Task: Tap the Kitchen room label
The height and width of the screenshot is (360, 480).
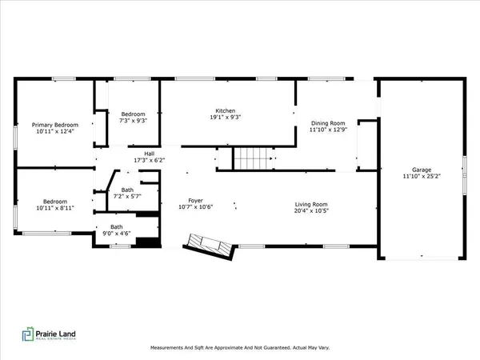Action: point(225,110)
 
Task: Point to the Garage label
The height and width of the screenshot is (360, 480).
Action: point(421,170)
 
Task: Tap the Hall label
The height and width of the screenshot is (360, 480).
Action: point(149,154)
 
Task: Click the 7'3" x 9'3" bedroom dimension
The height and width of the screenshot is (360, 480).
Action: point(131,120)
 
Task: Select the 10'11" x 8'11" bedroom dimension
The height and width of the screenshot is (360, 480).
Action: point(54,208)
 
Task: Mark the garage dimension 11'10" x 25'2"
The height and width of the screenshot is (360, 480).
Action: point(421,178)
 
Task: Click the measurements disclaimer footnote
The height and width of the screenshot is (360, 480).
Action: point(239,348)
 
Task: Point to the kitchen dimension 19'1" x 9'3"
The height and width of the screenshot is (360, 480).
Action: point(225,118)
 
